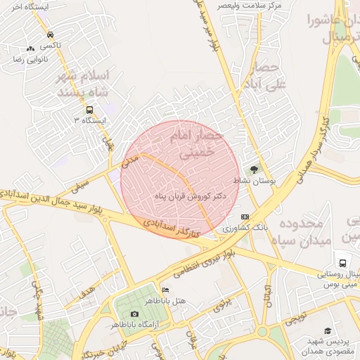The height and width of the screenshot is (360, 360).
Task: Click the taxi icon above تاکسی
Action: click(x=50, y=34)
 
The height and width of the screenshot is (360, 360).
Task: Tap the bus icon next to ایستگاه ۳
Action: click(x=89, y=110)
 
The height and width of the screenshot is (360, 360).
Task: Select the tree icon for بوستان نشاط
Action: click(x=254, y=169)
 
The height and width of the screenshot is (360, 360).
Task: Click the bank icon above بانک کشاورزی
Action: click(x=245, y=217)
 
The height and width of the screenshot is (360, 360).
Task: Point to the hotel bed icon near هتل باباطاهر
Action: click(x=165, y=290)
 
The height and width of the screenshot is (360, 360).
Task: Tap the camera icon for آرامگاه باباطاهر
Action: click(x=134, y=314)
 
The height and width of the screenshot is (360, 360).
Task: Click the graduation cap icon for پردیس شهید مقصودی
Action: click(x=327, y=330)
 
